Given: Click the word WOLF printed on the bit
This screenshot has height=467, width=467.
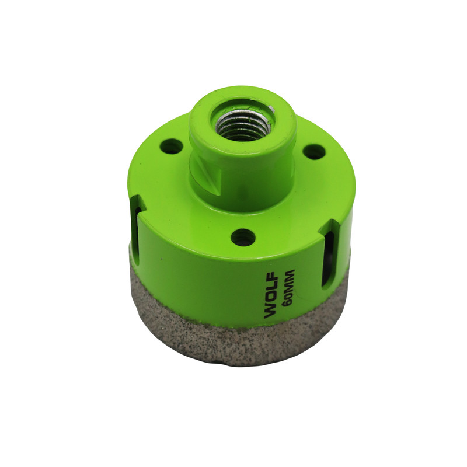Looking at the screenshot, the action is pos(271,295).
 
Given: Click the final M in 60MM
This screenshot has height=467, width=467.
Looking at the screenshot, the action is pos(288,274).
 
